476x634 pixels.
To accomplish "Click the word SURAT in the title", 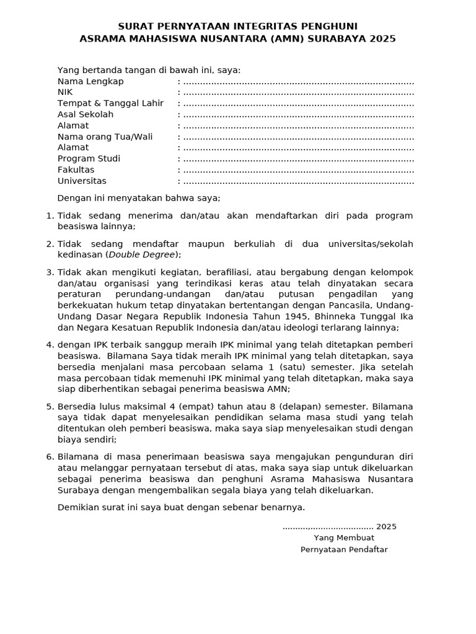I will click(x=135, y=26).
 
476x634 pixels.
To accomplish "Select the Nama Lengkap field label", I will click(x=90, y=81).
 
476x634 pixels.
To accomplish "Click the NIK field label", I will click(x=65, y=92).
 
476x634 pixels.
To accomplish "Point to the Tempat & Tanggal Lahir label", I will click(x=110, y=103).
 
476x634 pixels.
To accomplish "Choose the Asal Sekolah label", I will click(x=86, y=115).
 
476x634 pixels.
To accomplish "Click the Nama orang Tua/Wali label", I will click(x=105, y=137).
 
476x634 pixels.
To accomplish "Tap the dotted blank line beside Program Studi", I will click(x=299, y=159).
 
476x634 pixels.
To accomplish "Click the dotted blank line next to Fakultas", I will click(x=299, y=170).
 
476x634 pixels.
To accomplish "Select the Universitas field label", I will click(x=82, y=181).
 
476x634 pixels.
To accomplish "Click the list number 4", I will click(x=50, y=345).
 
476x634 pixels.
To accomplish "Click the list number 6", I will click(x=50, y=456).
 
